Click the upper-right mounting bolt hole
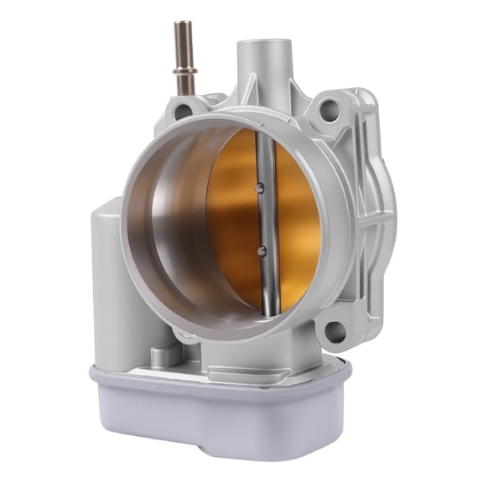(329, 107)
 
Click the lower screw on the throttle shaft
(262, 250)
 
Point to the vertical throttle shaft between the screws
(262, 218)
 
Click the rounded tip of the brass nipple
(183, 26)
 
